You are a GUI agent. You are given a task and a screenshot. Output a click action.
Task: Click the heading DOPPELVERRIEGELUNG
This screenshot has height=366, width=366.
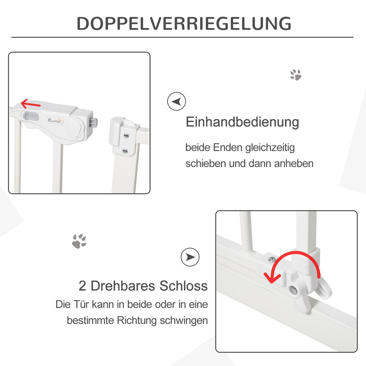[x=184, y=23]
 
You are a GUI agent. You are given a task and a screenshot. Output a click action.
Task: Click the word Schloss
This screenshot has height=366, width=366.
[x=183, y=286]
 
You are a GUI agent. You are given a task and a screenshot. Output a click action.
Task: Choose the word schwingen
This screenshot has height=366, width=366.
[x=184, y=321]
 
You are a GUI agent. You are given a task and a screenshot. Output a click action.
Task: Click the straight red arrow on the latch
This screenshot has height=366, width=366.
[x=31, y=104]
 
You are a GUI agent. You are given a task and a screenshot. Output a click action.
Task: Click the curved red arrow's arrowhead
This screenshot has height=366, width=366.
[x=272, y=278]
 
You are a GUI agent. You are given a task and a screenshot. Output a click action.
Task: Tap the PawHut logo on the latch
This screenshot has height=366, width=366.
[x=55, y=120]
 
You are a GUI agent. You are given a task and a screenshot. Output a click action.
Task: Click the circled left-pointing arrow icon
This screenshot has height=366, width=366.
[x=177, y=101]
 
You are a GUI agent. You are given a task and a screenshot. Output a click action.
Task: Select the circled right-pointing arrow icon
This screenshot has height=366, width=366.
[x=190, y=257]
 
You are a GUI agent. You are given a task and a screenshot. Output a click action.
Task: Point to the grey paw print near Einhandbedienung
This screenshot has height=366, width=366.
[x=296, y=75]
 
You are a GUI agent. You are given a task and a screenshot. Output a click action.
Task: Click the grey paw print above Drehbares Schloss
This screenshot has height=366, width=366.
[x=79, y=241]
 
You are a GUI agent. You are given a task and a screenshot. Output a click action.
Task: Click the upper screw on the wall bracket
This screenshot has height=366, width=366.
[x=126, y=136]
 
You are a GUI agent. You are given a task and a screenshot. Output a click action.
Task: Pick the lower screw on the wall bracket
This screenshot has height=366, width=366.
[x=125, y=151]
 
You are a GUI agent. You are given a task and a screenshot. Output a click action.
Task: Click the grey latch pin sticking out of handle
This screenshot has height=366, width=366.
[x=93, y=123]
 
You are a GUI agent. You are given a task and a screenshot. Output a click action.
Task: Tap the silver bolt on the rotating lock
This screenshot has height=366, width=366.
[x=293, y=291]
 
